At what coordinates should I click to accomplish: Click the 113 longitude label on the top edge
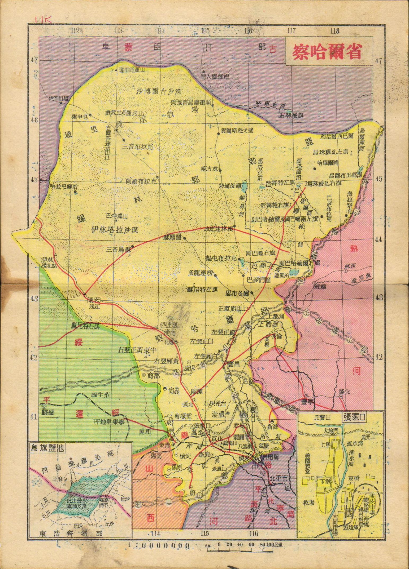click(119, 31)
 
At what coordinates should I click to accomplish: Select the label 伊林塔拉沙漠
click(115, 229)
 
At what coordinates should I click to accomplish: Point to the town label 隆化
click(344, 392)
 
